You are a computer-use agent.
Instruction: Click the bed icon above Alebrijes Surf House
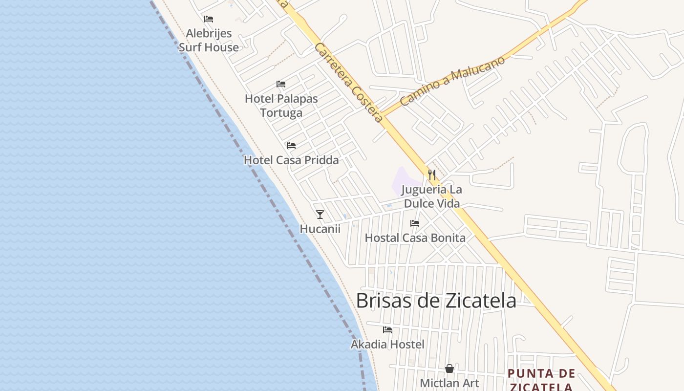pos(209,19)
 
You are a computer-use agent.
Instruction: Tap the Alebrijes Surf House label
pos(209,41)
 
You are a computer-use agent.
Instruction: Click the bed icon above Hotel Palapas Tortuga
pos(281,84)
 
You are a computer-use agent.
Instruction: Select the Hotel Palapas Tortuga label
pos(281,106)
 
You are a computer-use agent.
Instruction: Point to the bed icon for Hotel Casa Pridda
pos(291,146)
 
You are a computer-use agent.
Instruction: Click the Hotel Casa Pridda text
pos(291,160)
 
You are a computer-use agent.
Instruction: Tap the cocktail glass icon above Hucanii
pos(320,215)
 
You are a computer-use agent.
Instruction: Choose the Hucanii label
pos(320,229)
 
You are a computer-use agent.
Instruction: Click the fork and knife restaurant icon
pos(432,174)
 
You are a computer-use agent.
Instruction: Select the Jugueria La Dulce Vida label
pos(432,196)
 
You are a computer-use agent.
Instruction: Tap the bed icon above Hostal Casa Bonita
pos(415,223)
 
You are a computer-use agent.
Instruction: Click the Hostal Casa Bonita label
pos(415,238)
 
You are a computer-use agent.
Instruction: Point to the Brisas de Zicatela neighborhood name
pos(436,300)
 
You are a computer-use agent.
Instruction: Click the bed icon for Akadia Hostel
pos(387,330)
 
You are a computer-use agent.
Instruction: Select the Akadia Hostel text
pos(387,345)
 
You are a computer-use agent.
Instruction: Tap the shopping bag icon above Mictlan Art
pos(449,369)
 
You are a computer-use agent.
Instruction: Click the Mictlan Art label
pos(449,383)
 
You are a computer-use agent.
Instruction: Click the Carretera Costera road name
pos(348,83)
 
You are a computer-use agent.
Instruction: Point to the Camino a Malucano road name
pos(452,81)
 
